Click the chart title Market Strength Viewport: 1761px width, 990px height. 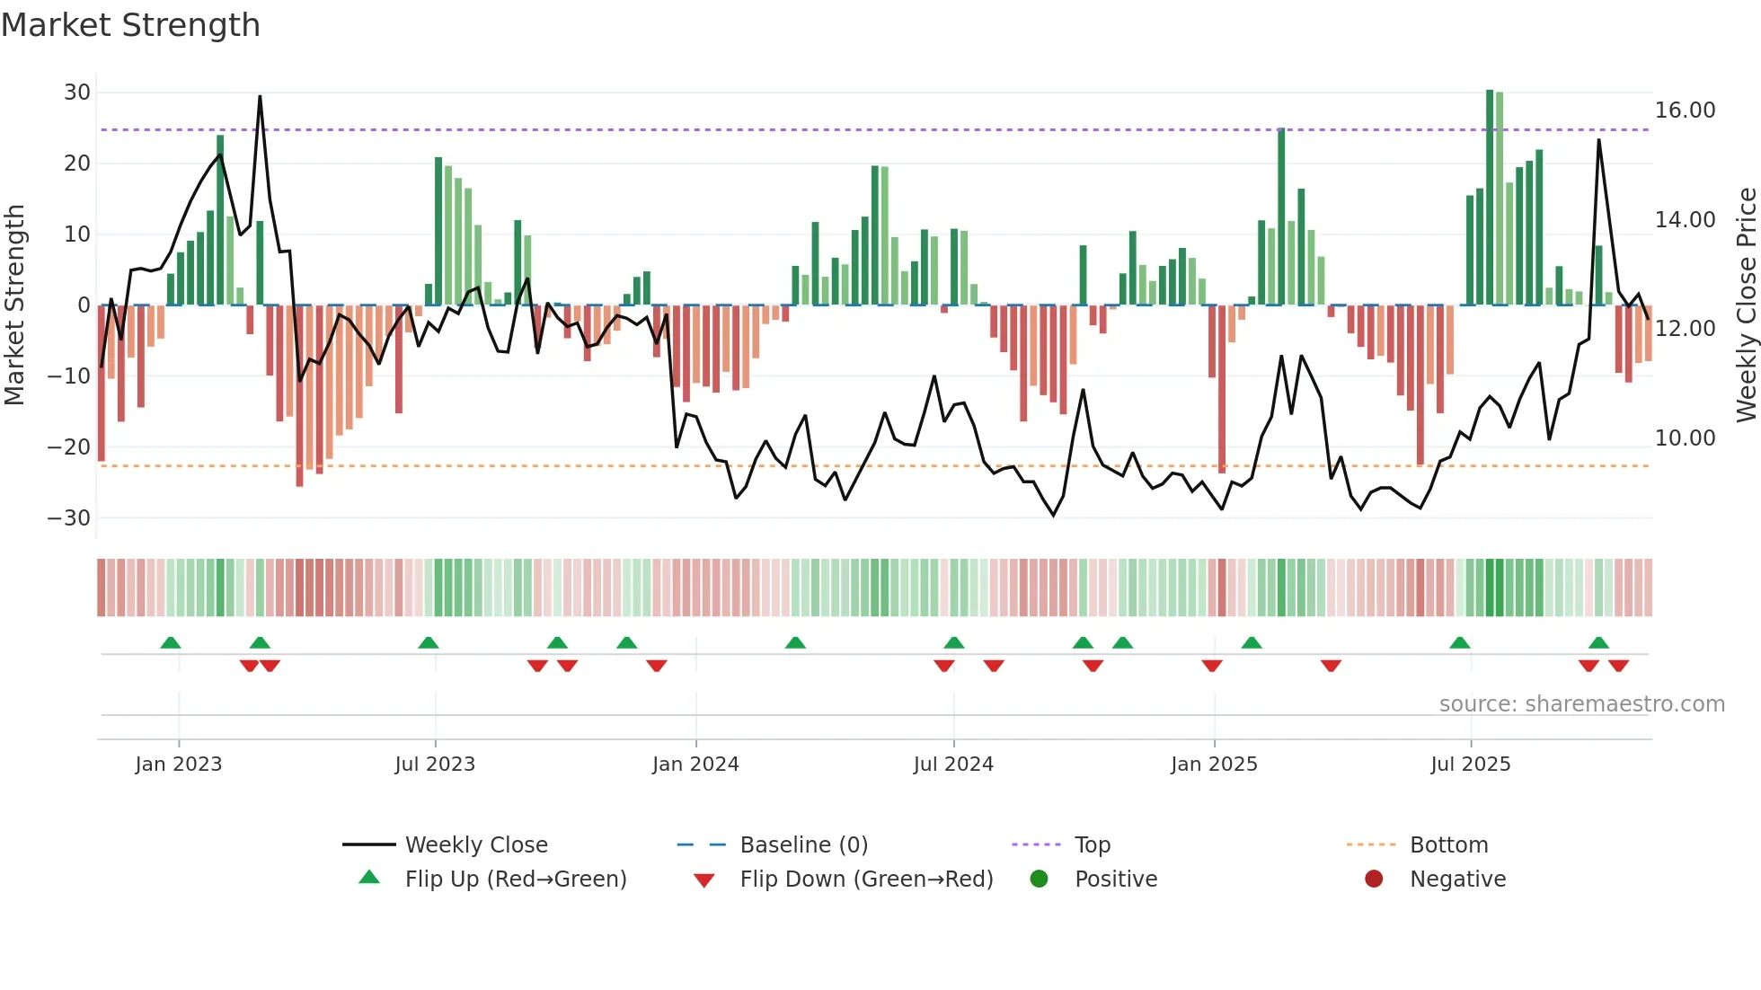(x=130, y=25)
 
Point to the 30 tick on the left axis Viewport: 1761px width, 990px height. (x=77, y=93)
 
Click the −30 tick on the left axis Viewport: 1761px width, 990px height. (x=69, y=518)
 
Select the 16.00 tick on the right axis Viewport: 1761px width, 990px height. (x=1685, y=110)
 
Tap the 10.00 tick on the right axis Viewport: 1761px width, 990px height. (x=1685, y=438)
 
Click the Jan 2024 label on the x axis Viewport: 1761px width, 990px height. (x=695, y=765)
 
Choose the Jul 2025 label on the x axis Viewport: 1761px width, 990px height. (x=1470, y=765)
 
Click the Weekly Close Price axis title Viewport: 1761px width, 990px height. (x=1746, y=305)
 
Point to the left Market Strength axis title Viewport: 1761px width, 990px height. (x=15, y=305)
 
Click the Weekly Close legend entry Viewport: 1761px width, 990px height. (x=476, y=845)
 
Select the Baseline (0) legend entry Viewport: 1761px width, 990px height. (x=803, y=845)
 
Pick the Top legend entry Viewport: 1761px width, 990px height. (x=1092, y=845)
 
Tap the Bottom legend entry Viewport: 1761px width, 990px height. (x=1448, y=845)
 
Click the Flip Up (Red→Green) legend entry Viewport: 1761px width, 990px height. (x=515, y=880)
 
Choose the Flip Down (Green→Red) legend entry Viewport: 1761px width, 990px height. (x=866, y=880)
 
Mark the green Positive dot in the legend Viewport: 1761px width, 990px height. (x=1040, y=880)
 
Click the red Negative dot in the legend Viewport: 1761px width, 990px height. (x=1374, y=880)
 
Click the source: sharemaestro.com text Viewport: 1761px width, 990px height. (x=1581, y=704)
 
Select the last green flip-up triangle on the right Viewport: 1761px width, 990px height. (x=1598, y=642)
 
